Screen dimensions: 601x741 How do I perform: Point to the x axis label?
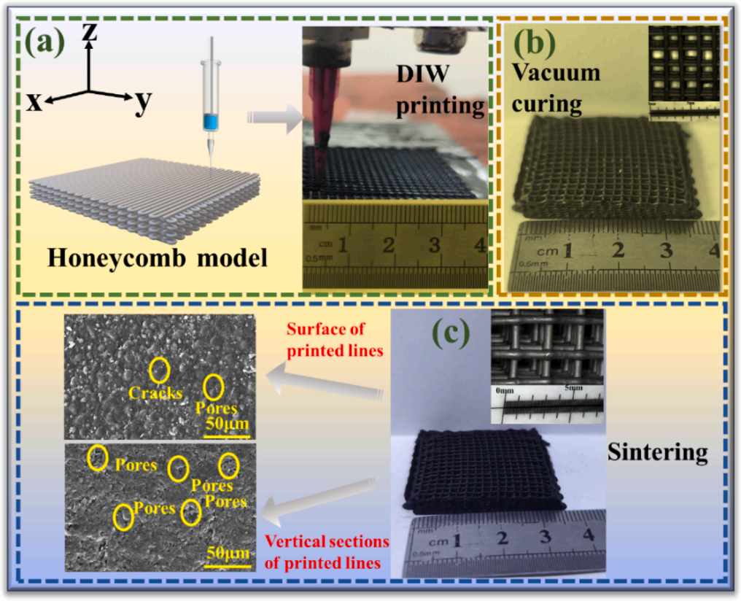(x=34, y=103)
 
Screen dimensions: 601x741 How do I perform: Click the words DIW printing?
(x=440, y=91)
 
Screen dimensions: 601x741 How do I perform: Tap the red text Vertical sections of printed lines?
(x=326, y=553)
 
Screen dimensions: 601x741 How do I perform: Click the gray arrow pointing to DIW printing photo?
(x=276, y=117)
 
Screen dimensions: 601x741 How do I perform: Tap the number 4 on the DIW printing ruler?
(x=479, y=245)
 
